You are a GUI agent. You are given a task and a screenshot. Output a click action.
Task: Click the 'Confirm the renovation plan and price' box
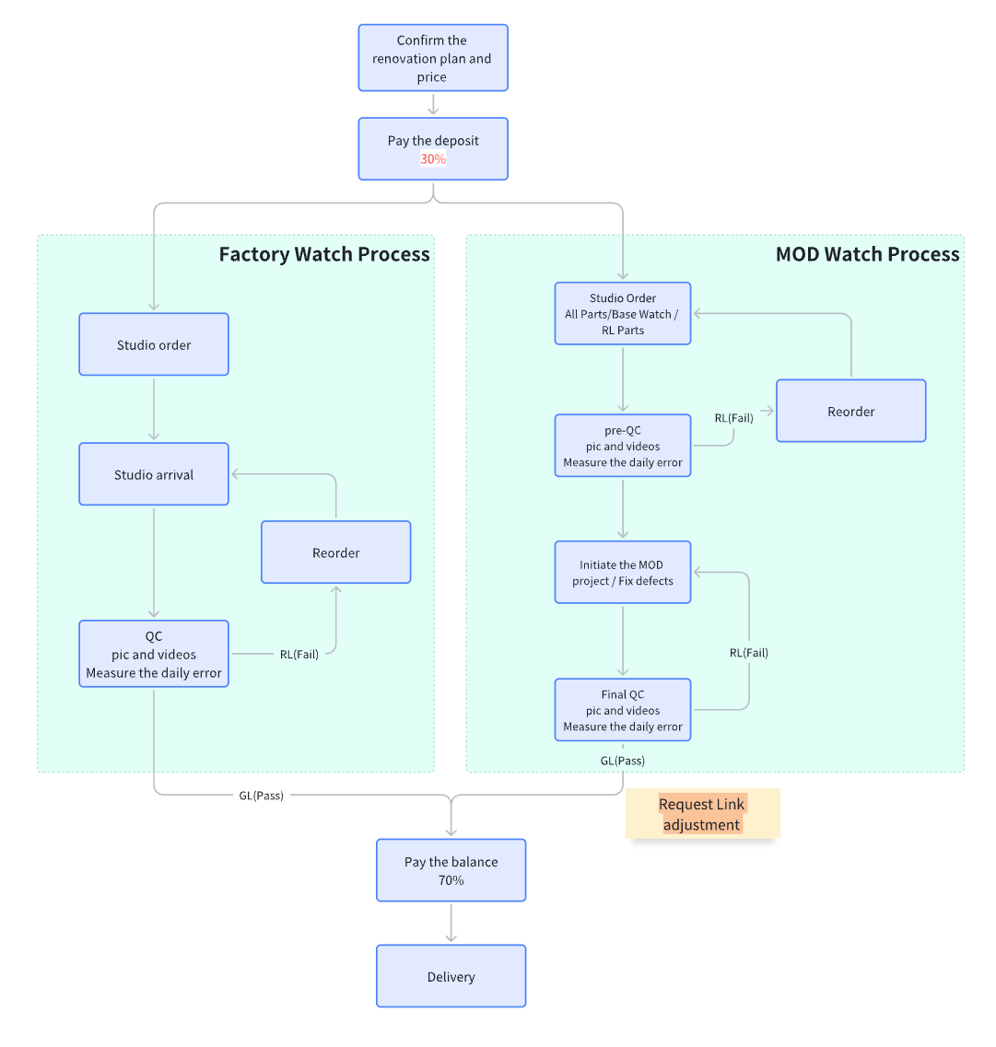coord(432,58)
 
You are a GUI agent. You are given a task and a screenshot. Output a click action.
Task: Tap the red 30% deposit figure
coord(433,159)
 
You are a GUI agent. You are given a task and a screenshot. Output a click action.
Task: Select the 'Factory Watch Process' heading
coord(324,254)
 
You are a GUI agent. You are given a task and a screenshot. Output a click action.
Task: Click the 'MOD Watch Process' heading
coord(867,254)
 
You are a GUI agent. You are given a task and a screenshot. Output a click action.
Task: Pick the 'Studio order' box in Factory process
coord(154,344)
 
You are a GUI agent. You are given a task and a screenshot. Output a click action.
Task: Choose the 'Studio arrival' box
coord(154,474)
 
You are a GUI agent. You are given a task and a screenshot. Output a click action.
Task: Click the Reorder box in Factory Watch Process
coord(335,553)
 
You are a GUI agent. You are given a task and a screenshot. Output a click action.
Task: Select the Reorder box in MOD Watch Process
coord(850,411)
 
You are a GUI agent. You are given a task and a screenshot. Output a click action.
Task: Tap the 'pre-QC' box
coord(623,446)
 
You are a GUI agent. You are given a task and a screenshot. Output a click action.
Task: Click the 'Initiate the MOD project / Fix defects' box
coord(623,573)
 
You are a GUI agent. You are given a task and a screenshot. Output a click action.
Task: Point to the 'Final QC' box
coord(623,710)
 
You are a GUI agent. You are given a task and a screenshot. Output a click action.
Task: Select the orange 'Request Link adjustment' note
coord(702,814)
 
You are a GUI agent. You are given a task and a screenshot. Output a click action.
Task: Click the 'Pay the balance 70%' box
coord(451,870)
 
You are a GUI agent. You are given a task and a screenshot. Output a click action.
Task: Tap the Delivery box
coord(451,976)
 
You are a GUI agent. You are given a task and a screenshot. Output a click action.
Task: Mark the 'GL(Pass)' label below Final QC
coord(623,761)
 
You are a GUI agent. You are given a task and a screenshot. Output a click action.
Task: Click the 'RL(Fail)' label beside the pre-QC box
coord(733,418)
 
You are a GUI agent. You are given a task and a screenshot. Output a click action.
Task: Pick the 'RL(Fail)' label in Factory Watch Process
coord(299,655)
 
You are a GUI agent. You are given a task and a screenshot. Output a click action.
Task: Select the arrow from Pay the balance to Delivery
coord(451,923)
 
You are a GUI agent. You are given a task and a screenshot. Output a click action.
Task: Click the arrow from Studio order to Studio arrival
coord(154,409)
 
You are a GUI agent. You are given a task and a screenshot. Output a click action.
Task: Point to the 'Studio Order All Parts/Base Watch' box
coord(623,314)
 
